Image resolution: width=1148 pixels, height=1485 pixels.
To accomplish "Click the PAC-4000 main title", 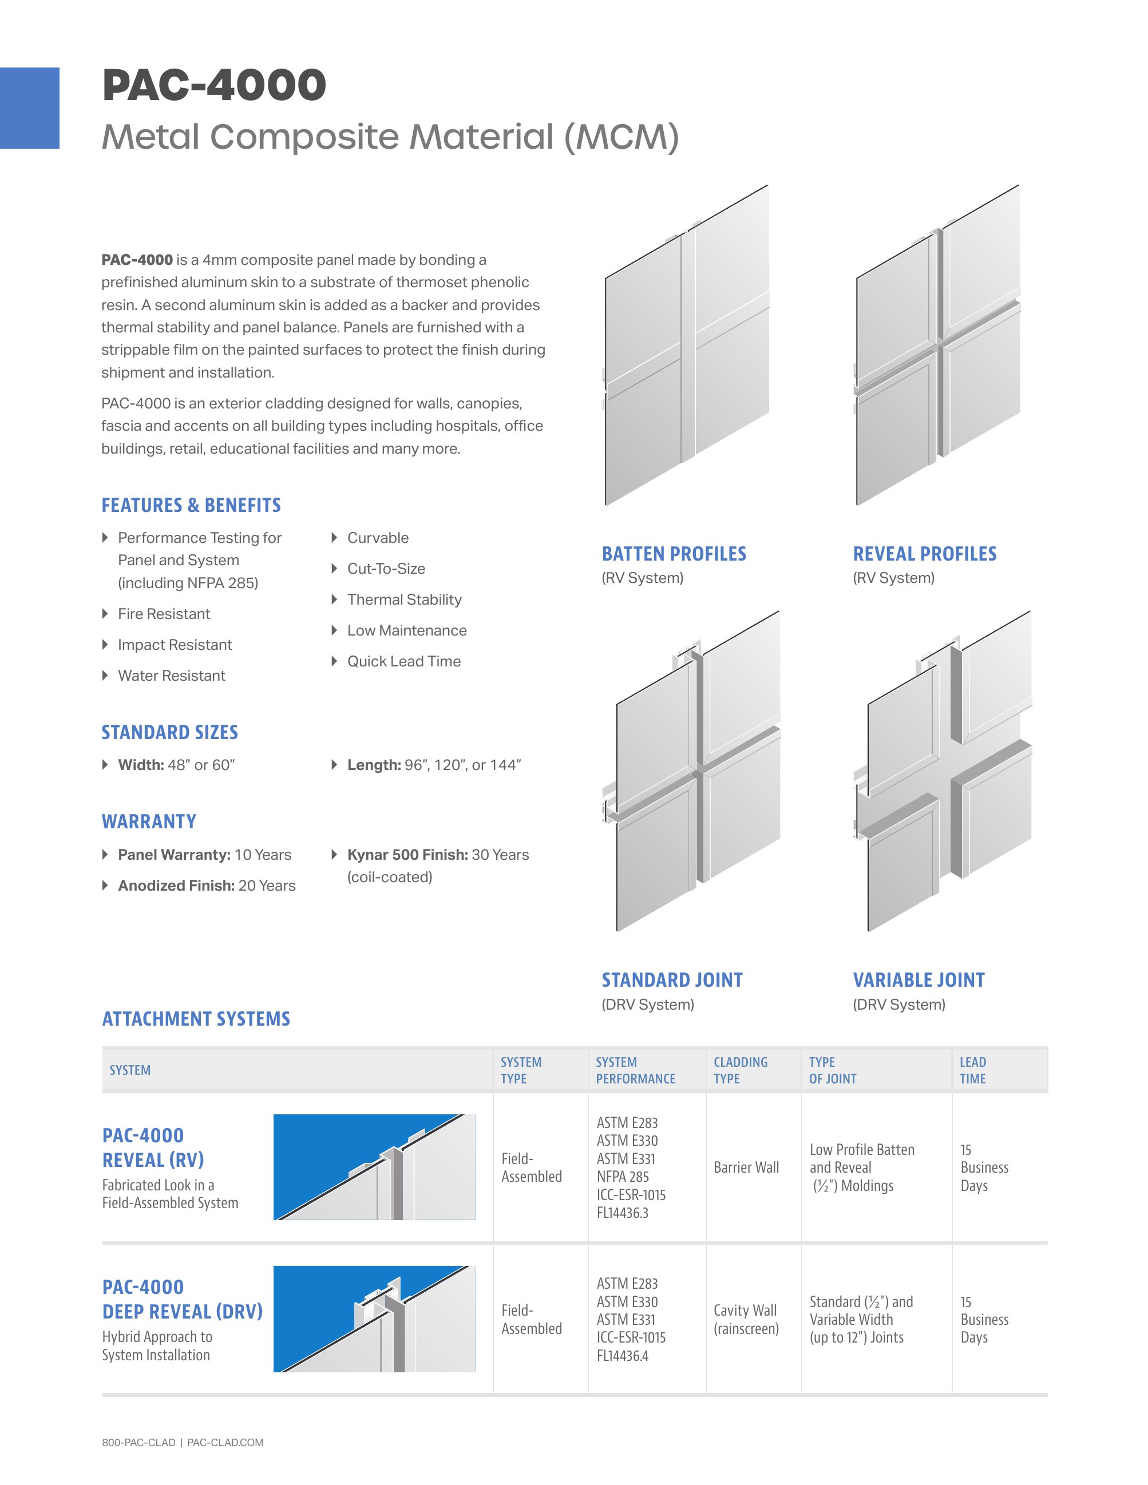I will click(x=214, y=85).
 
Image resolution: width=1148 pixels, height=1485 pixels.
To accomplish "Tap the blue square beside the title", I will click(x=29, y=108).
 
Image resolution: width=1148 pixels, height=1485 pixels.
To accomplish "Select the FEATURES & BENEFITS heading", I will click(x=191, y=505).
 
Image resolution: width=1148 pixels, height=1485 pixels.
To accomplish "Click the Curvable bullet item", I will click(x=378, y=538).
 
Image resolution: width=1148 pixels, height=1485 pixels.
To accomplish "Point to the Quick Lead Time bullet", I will click(x=404, y=662).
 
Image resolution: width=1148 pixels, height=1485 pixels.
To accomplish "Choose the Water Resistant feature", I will click(x=171, y=676).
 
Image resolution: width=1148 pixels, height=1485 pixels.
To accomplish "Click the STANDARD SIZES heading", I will click(x=170, y=732).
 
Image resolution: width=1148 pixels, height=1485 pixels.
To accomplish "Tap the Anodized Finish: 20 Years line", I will click(x=207, y=886).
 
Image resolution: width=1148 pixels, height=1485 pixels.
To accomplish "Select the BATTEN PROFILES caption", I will click(x=674, y=554).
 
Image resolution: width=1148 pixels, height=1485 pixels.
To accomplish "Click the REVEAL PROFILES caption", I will click(x=925, y=554).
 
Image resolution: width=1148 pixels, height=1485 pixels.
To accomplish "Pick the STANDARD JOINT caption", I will click(x=672, y=980).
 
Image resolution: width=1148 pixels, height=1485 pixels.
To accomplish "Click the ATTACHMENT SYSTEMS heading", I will click(x=196, y=1019).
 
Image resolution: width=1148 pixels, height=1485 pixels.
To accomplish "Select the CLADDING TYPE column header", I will click(x=740, y=1070).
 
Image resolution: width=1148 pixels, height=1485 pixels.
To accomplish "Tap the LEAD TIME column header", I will click(x=972, y=1070).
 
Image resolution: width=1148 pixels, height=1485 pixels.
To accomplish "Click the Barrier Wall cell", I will click(x=746, y=1168).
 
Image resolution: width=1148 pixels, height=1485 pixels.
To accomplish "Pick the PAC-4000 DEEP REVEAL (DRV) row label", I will click(x=182, y=1300).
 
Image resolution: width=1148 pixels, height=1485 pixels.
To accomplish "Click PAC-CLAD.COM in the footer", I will click(x=225, y=1443).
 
